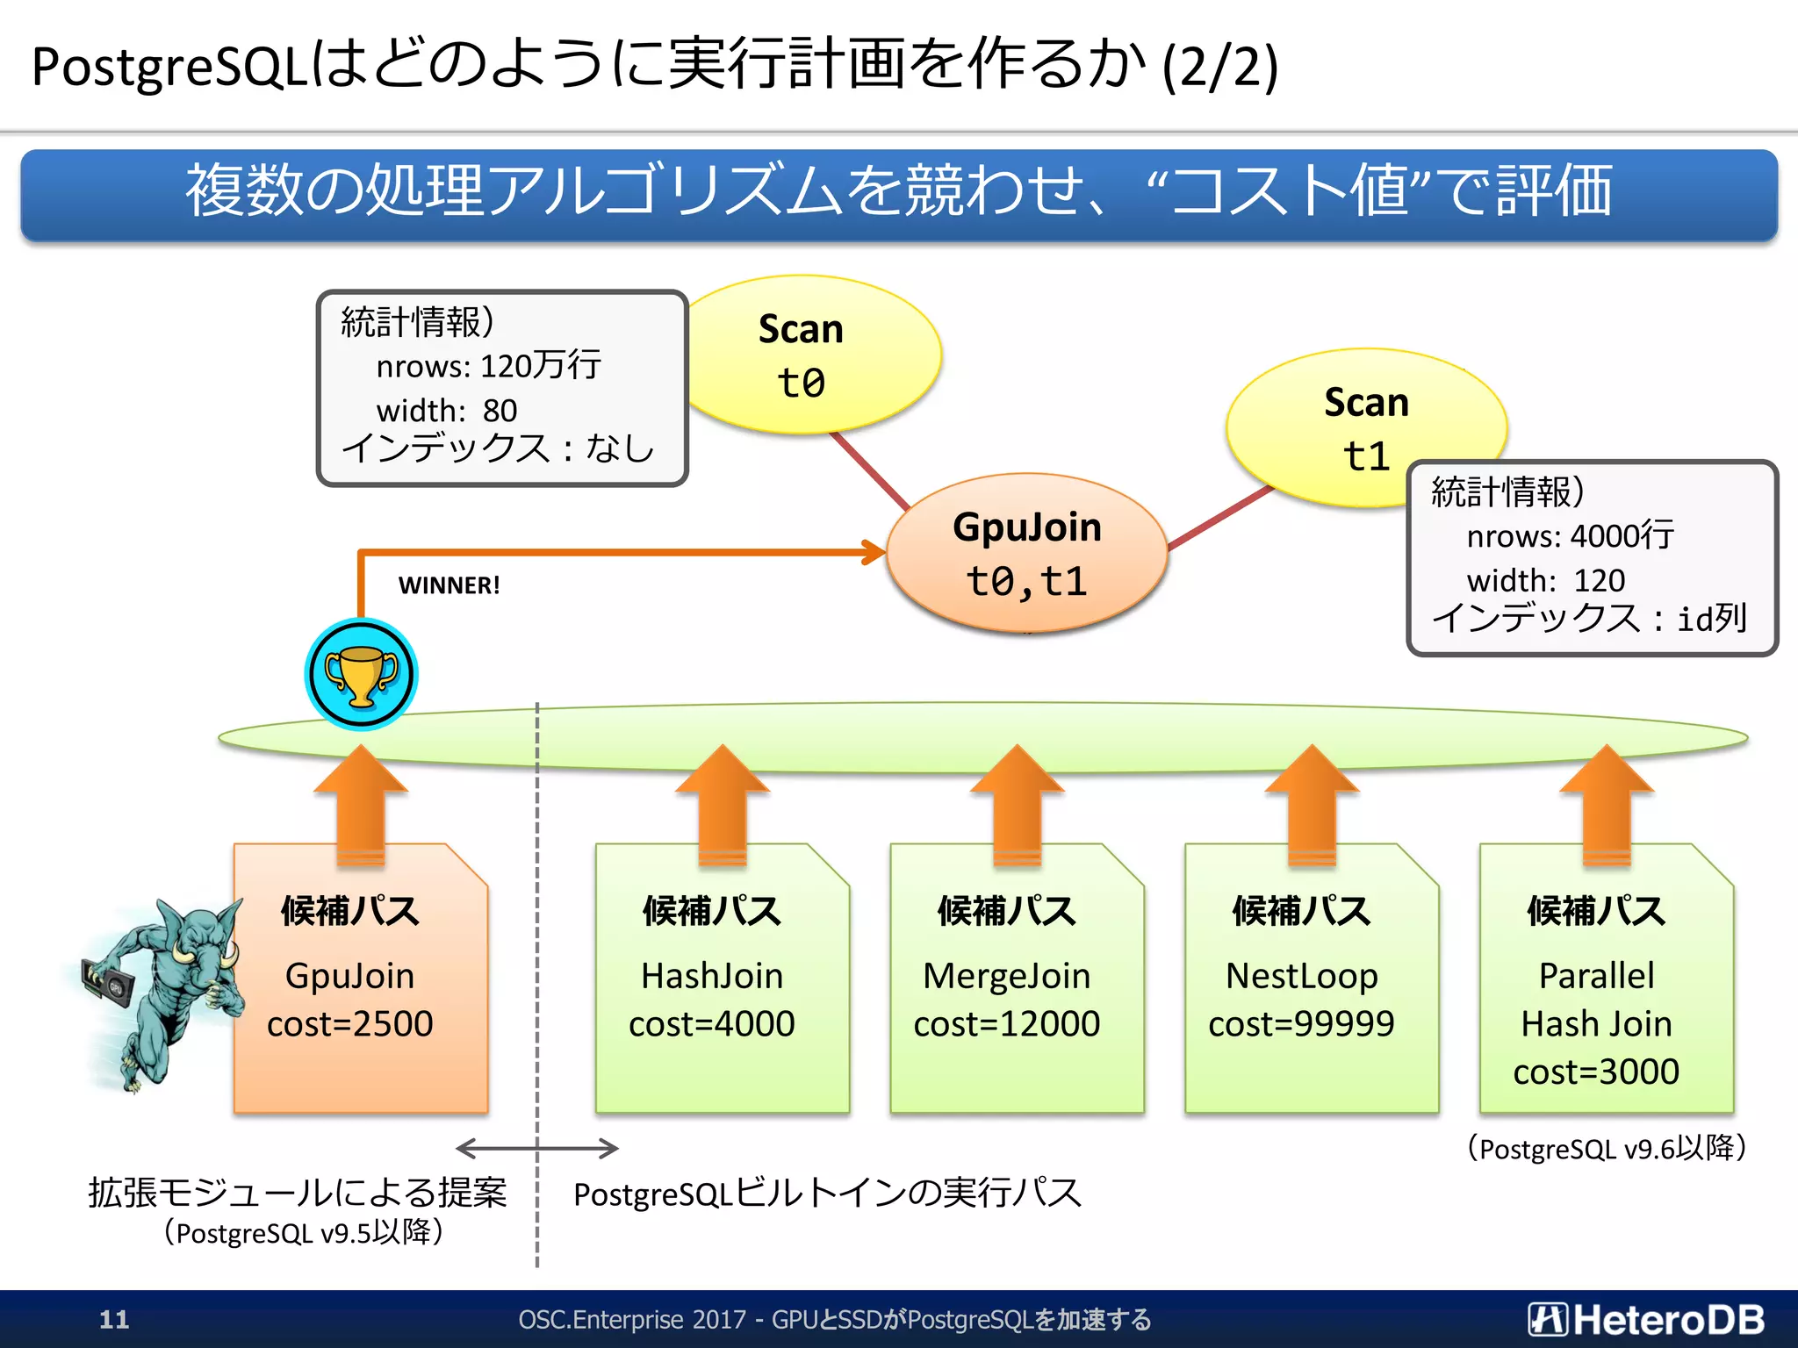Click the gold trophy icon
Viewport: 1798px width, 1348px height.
361,675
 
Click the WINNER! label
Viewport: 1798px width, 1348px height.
449,585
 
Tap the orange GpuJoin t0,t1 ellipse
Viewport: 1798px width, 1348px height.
1026,554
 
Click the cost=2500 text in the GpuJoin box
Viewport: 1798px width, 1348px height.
349,1024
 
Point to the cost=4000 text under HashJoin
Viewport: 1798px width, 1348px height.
711,1024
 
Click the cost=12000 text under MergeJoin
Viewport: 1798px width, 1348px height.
1006,1024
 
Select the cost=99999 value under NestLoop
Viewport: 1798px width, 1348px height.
1301,1024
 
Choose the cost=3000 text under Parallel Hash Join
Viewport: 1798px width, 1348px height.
1596,1072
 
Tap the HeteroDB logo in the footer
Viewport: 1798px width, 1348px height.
1646,1319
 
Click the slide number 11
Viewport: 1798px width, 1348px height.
114,1319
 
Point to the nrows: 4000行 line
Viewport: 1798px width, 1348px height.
1570,535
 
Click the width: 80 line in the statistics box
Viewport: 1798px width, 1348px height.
447,410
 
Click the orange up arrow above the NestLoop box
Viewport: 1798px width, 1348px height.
1312,803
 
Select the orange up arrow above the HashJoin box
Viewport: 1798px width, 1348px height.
722,803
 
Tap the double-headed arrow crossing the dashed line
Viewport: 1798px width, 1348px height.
537,1148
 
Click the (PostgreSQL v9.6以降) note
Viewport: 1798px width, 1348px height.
1607,1148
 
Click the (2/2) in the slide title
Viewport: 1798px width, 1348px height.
1220,67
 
